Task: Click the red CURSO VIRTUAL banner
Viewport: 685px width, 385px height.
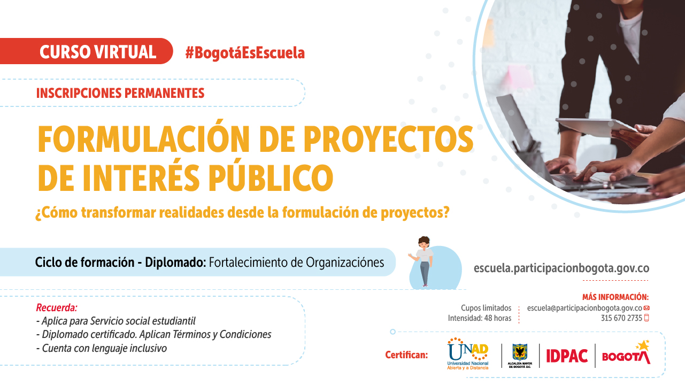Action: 86,51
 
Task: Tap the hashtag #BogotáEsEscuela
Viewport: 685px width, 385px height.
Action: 245,53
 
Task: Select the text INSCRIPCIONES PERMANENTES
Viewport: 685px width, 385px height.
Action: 120,93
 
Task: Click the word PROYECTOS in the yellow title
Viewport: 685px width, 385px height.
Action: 388,140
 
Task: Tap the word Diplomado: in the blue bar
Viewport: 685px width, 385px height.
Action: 175,263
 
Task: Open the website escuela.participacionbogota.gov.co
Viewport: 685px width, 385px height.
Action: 561,268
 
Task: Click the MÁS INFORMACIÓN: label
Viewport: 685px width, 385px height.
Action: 615,297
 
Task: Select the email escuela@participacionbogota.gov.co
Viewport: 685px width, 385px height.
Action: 584,308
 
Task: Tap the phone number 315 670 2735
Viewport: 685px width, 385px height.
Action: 621,318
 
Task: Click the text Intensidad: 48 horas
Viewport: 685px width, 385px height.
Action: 480,318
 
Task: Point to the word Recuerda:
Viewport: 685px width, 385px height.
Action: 57,307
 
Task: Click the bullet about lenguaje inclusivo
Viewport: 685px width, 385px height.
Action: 102,348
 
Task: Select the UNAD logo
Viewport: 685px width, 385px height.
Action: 468,354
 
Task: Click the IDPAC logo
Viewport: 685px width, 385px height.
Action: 567,356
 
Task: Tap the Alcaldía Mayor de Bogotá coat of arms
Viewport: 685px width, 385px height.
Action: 520,352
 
